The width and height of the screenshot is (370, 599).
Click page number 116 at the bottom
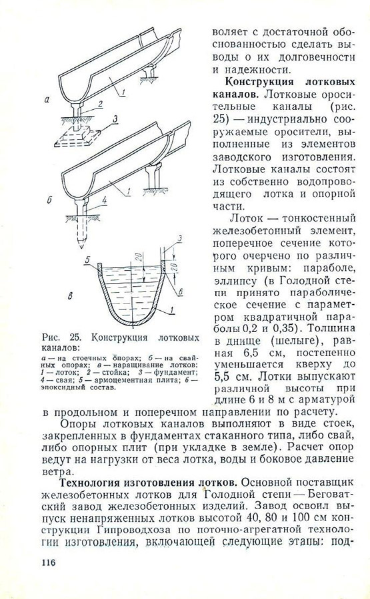[x=49, y=562]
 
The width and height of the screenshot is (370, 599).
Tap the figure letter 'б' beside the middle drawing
[x=49, y=200]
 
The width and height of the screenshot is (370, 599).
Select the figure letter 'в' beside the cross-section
[x=70, y=296]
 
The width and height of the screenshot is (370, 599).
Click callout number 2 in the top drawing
[x=100, y=104]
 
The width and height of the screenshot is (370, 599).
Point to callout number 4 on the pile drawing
[x=104, y=198]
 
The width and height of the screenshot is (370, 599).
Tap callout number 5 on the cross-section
[x=87, y=260]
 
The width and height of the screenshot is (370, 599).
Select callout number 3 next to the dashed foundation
[x=115, y=120]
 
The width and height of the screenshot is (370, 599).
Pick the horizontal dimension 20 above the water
[x=141, y=257]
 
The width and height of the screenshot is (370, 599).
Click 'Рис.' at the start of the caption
[x=51, y=337]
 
